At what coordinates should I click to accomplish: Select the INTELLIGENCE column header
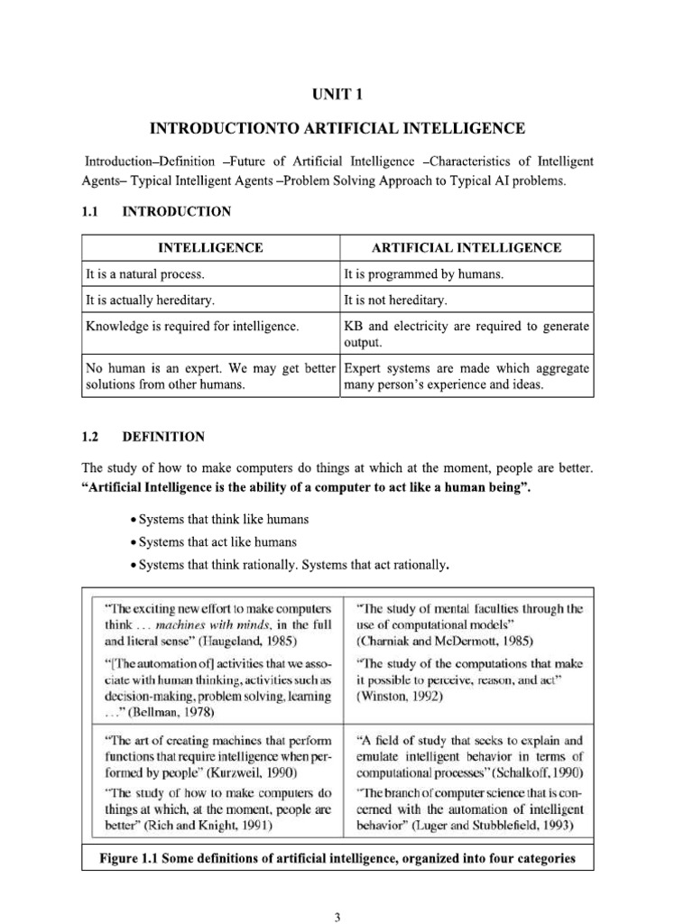click(x=211, y=247)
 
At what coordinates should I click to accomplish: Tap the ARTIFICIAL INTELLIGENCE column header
click(x=467, y=247)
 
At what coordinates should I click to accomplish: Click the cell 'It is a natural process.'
click(x=145, y=273)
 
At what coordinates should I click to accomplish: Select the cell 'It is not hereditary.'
click(x=395, y=300)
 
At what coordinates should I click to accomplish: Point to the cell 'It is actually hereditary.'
click(x=150, y=300)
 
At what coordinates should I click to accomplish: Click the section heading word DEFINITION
click(x=163, y=437)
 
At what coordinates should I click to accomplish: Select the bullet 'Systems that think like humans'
click(x=222, y=520)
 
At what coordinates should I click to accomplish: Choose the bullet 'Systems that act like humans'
click(x=216, y=542)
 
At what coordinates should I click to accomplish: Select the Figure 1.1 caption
click(x=337, y=858)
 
